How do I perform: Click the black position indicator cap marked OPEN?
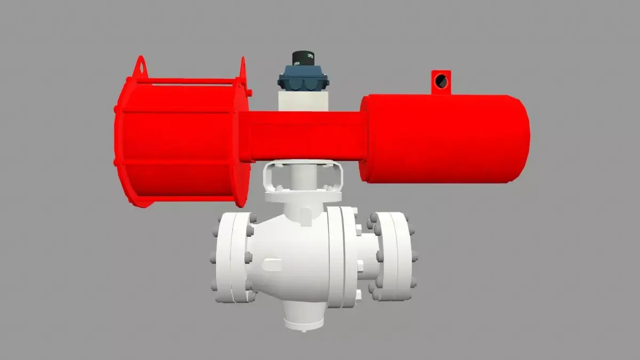click(x=303, y=58)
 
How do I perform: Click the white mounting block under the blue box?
click(x=302, y=100)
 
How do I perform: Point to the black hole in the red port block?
click(x=441, y=81)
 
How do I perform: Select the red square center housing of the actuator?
click(x=301, y=135)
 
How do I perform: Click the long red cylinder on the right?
click(x=443, y=139)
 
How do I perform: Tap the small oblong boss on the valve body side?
click(x=273, y=263)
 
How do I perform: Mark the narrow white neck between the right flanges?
click(x=368, y=256)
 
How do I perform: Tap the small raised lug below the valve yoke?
click(x=305, y=215)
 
